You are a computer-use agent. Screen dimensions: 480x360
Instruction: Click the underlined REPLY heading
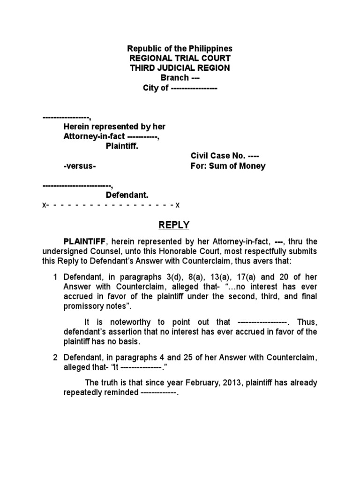(x=173, y=225)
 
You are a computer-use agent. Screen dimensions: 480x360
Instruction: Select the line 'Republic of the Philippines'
(x=180, y=49)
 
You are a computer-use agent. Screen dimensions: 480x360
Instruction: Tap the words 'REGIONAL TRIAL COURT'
(x=180, y=58)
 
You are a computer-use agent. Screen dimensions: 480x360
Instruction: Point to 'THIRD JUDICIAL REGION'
(x=180, y=68)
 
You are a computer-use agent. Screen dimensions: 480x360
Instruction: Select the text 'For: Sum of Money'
(x=227, y=166)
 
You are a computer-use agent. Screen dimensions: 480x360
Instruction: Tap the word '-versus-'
(x=80, y=166)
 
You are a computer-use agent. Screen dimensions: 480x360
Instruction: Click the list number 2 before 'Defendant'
(x=55, y=358)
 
